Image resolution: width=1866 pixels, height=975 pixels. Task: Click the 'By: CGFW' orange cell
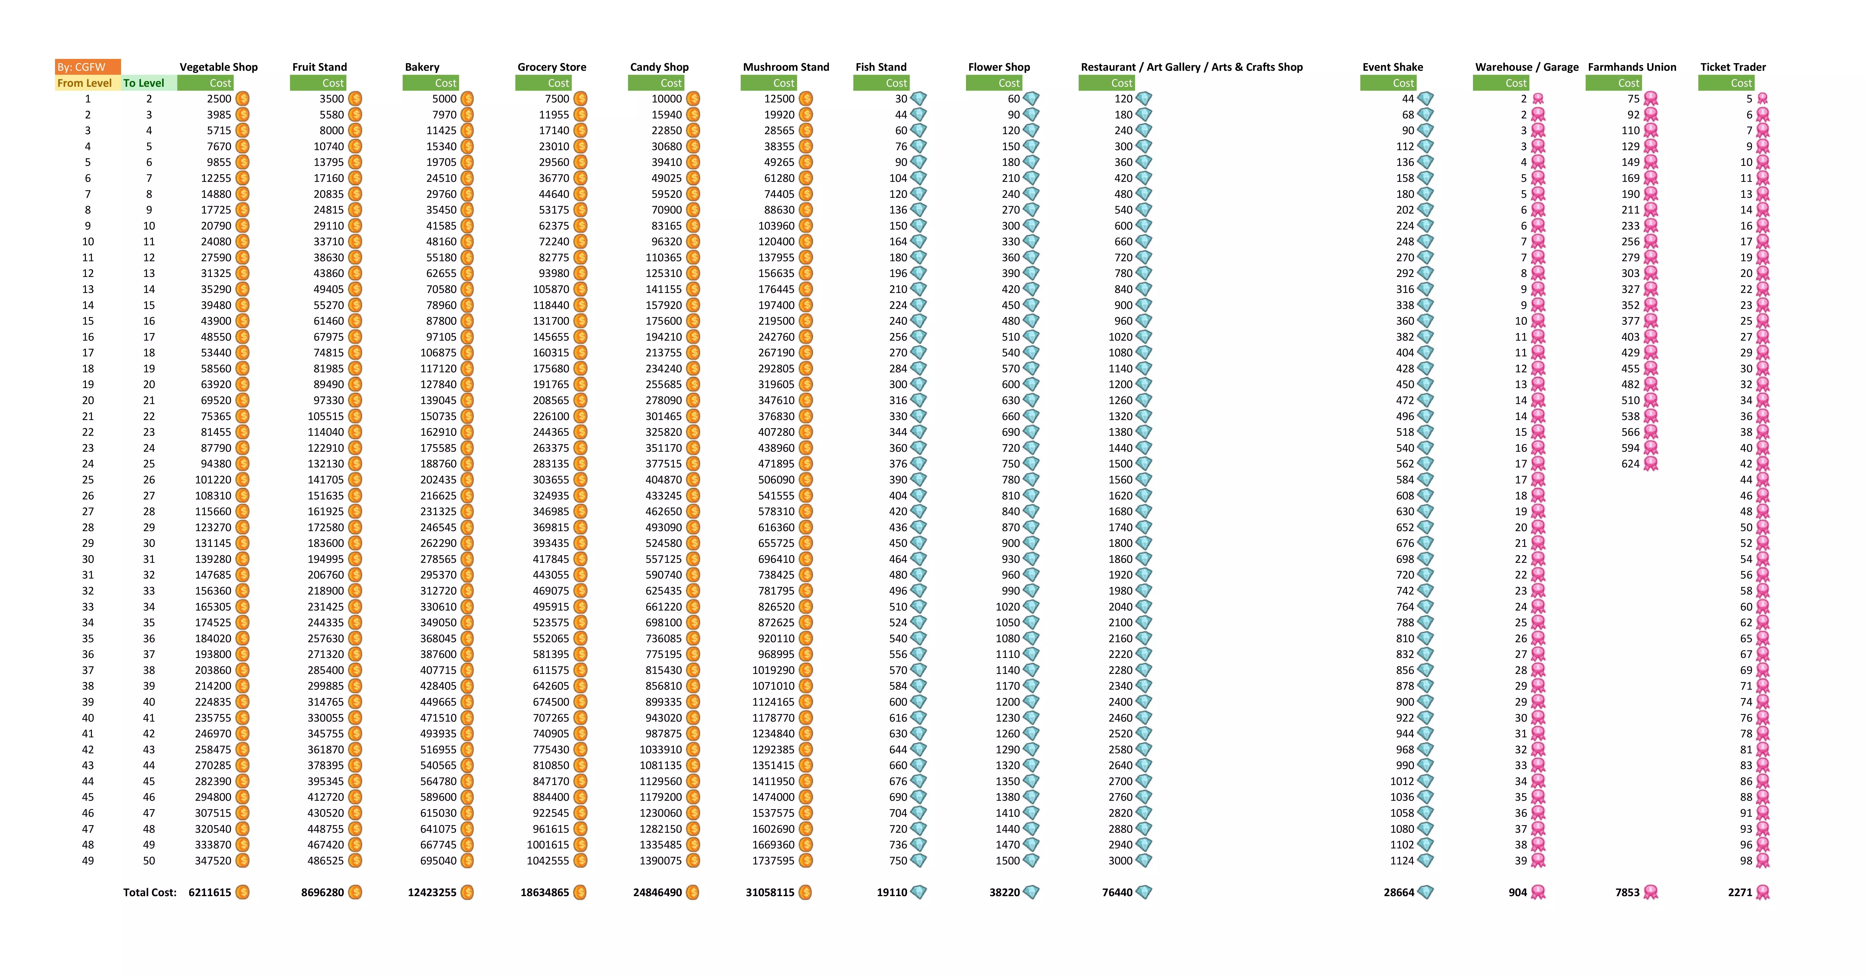tap(87, 67)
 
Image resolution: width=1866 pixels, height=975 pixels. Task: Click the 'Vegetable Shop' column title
tap(219, 67)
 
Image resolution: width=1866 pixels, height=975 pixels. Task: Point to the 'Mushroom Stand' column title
tap(786, 67)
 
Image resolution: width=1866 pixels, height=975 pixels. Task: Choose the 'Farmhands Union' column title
tap(1632, 67)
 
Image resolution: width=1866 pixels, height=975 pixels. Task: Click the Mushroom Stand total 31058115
tap(770, 892)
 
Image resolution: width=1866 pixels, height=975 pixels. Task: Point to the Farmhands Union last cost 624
tap(1630, 464)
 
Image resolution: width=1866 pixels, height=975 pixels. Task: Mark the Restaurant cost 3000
tap(1120, 860)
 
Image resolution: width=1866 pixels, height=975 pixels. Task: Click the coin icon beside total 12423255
tap(467, 892)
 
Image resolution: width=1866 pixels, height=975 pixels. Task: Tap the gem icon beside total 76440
tap(1144, 892)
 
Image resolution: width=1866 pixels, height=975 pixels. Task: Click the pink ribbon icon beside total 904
tap(1538, 892)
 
